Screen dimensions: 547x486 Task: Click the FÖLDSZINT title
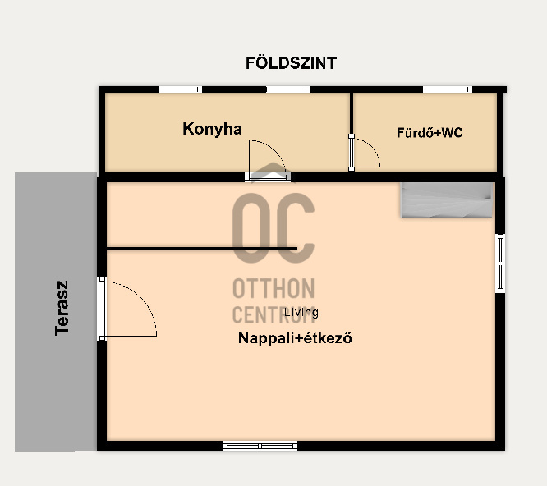[x=291, y=63]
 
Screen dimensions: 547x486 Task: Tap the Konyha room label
[x=212, y=129]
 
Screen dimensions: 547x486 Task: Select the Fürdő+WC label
[x=430, y=132]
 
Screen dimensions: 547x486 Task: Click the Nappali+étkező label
[x=295, y=338]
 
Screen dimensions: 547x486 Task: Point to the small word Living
[x=301, y=313]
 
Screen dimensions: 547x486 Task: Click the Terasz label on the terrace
[x=62, y=308]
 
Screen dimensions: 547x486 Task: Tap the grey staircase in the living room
[x=447, y=200]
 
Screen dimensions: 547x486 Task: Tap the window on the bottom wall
[x=260, y=446]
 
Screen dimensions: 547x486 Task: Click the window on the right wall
[x=500, y=264]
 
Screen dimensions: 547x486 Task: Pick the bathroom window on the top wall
[x=448, y=89]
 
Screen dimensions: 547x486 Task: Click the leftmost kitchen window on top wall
[x=181, y=89]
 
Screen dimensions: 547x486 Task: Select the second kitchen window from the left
[x=288, y=89]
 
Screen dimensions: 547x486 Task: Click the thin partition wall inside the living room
[x=202, y=249]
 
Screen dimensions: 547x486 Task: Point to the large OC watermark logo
[x=273, y=227]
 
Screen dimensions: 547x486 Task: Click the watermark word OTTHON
[x=273, y=288]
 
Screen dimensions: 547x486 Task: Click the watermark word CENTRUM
[x=273, y=314]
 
